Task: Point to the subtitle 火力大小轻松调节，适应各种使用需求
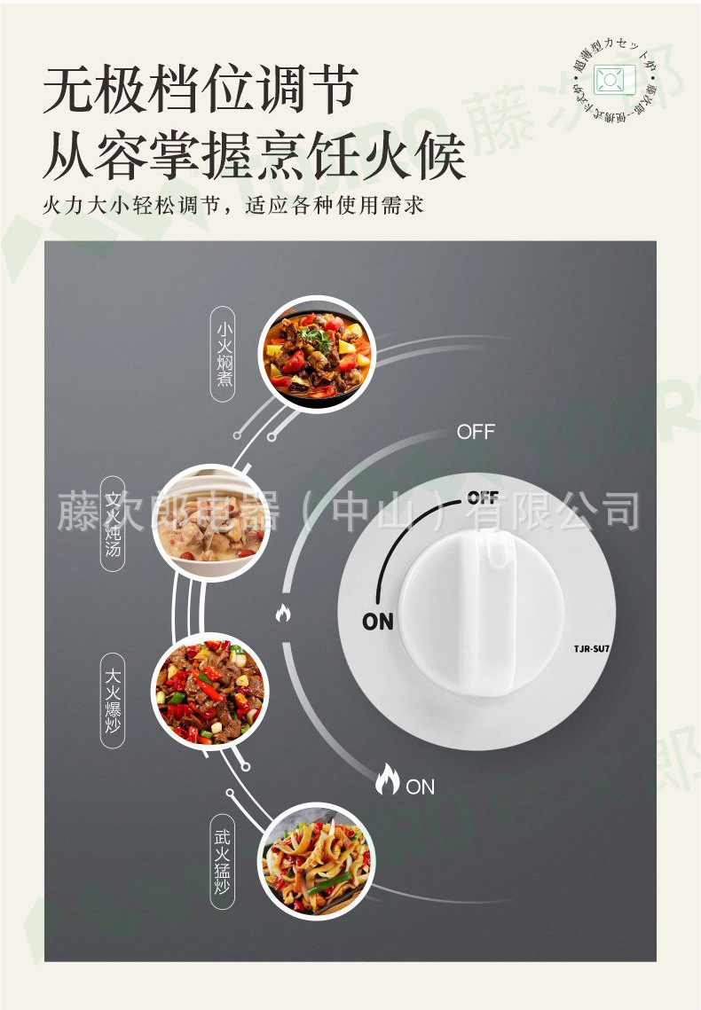click(233, 207)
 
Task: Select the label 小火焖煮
click(224, 354)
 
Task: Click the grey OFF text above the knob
click(476, 433)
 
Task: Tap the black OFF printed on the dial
click(483, 497)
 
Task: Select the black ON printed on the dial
click(378, 622)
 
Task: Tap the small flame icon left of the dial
click(283, 612)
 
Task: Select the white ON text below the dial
click(421, 787)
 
